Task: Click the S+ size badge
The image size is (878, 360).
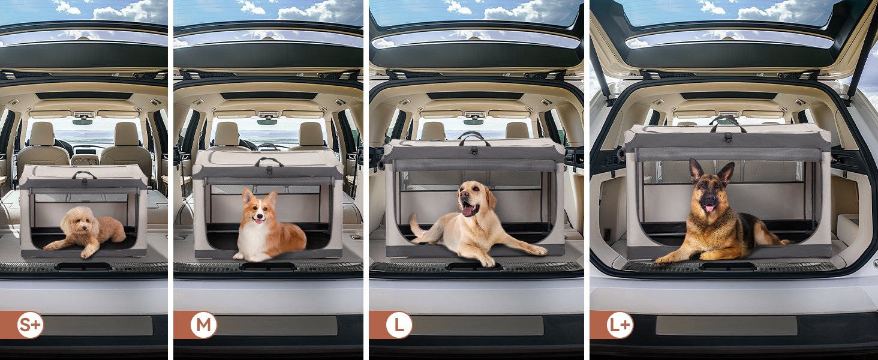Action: [30, 325]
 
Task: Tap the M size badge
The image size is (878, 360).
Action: [203, 325]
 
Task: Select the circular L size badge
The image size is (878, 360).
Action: [399, 325]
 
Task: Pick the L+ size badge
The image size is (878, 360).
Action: [620, 325]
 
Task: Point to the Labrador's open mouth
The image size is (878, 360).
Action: [469, 210]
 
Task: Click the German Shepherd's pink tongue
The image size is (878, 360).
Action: [708, 208]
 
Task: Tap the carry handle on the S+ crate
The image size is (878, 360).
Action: [84, 174]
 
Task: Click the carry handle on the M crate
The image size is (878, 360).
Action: [269, 161]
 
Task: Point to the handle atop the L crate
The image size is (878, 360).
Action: [474, 137]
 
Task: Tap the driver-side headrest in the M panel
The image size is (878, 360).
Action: [227, 134]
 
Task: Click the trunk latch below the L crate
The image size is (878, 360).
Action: [474, 267]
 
